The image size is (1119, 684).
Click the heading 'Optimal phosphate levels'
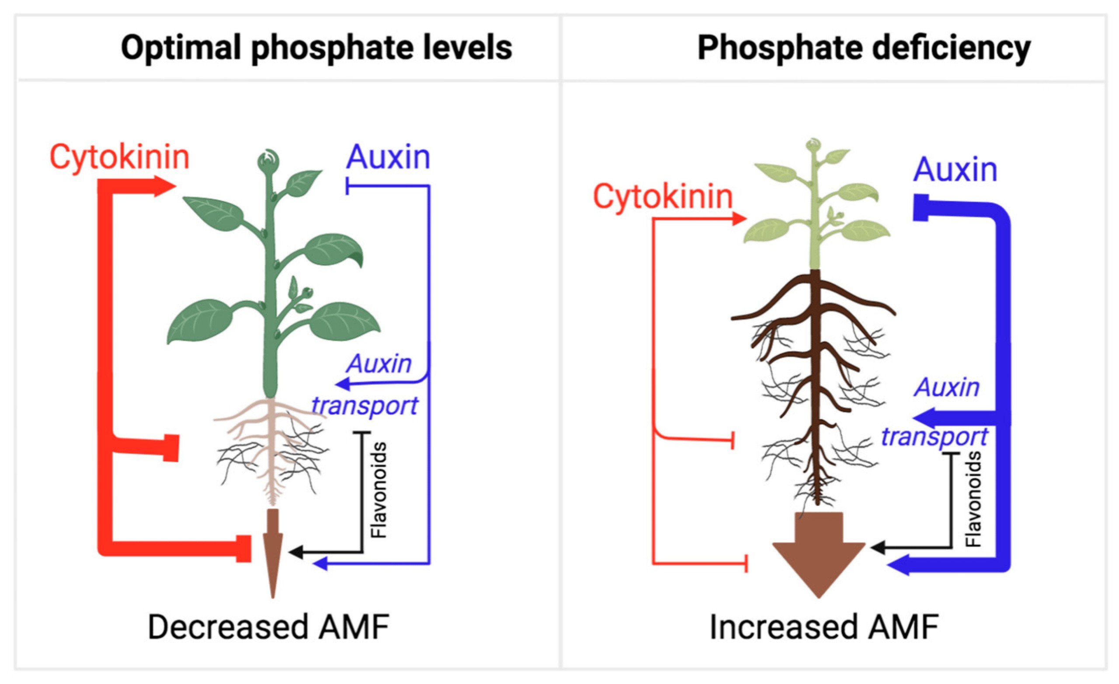click(x=316, y=48)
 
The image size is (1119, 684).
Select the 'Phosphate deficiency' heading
click(x=864, y=48)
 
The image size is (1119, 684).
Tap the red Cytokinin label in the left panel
click(x=119, y=158)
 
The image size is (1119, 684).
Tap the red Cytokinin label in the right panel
click(x=663, y=197)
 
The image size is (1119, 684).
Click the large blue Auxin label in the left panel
click(x=388, y=158)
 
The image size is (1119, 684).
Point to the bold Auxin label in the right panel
click(x=956, y=170)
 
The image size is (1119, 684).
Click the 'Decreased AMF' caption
click(x=268, y=627)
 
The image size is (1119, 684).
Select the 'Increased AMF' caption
click(x=824, y=627)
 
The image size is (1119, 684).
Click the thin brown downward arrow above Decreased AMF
click(x=273, y=553)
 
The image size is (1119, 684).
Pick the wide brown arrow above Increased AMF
click(x=819, y=555)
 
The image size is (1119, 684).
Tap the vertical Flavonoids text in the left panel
click(x=378, y=491)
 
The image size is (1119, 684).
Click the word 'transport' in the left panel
click(x=365, y=405)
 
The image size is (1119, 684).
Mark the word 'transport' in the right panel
click(x=935, y=437)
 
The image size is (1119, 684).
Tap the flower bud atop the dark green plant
click(x=268, y=160)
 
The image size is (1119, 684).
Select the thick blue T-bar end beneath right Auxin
click(x=921, y=208)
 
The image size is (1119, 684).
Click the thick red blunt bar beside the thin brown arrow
click(x=244, y=549)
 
